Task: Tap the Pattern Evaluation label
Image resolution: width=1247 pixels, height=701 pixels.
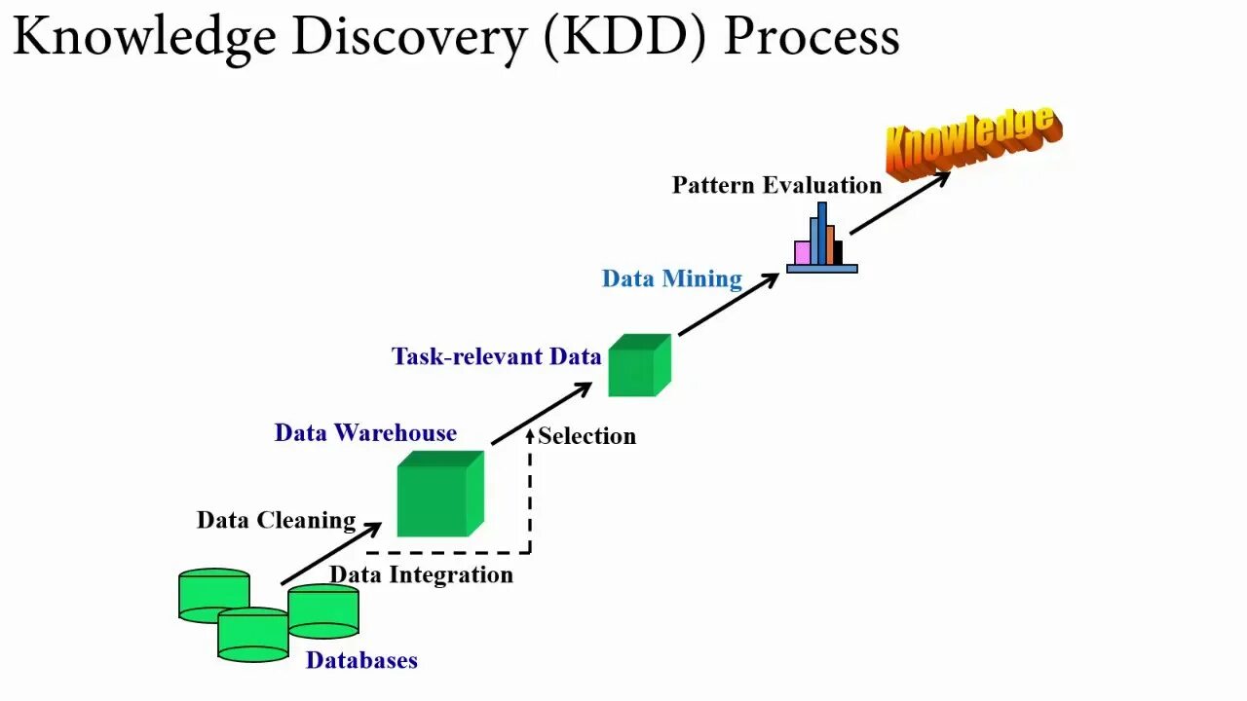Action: click(x=776, y=185)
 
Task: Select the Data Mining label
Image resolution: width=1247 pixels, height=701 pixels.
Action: click(x=672, y=278)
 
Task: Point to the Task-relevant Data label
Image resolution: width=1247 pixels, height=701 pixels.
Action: click(x=496, y=356)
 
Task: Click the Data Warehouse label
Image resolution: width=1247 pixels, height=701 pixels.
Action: click(x=365, y=432)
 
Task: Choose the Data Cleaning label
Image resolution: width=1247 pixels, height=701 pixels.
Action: click(x=276, y=520)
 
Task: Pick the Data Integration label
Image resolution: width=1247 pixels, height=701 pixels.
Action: click(x=421, y=574)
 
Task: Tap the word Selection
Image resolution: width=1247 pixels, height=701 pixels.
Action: click(x=586, y=436)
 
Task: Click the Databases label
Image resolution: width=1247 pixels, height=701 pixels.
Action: click(x=361, y=660)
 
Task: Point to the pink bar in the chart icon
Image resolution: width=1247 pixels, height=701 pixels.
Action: click(x=802, y=253)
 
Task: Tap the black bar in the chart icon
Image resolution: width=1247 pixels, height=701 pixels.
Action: click(x=838, y=252)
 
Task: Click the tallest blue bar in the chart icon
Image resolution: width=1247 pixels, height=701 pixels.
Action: click(x=822, y=234)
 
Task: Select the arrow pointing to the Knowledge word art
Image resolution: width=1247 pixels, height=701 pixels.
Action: click(x=899, y=203)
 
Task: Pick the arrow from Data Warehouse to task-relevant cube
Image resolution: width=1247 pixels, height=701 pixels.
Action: click(x=542, y=414)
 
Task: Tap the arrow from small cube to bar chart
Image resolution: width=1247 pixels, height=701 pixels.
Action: click(x=728, y=305)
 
